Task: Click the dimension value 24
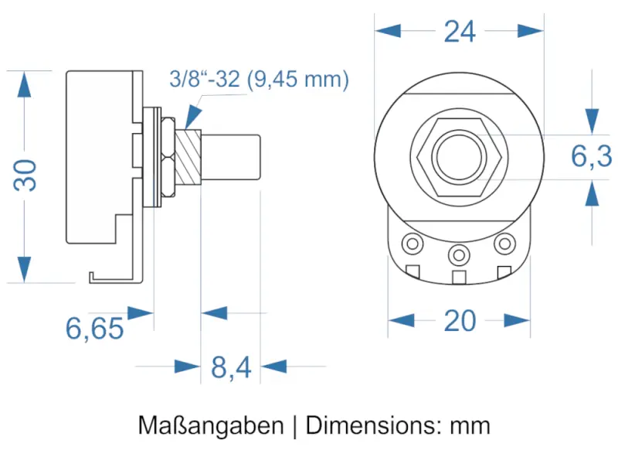[x=459, y=32]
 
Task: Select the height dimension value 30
[x=26, y=176]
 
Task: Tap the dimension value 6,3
[x=592, y=157]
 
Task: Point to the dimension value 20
[x=460, y=320]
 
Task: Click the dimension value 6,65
[x=94, y=329]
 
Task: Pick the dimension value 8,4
[x=231, y=368]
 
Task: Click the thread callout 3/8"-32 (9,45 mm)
[x=260, y=80]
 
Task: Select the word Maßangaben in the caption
[x=211, y=425]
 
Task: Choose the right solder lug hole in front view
[x=504, y=244]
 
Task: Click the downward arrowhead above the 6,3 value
[x=592, y=119]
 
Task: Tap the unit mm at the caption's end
[x=470, y=425]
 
